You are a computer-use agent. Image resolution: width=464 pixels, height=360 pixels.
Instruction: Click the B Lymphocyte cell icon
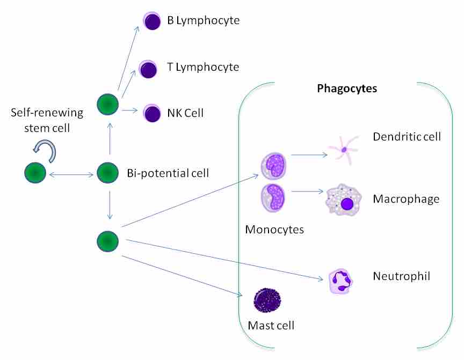point(152,21)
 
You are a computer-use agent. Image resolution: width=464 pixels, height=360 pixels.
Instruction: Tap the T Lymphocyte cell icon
point(148,68)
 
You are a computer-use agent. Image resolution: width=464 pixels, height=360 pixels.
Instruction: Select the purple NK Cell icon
point(152,113)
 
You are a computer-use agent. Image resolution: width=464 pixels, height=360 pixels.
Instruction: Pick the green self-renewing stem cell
point(34,173)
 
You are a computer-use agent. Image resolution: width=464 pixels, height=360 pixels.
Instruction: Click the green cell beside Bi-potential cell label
point(107,173)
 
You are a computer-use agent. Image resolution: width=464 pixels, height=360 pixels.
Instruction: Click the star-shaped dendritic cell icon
point(343,150)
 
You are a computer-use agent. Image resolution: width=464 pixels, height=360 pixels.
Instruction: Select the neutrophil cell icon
point(342,280)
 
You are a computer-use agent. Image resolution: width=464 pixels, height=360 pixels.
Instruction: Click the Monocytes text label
point(274,230)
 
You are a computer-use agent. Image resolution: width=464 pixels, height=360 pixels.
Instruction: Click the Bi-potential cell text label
point(168,173)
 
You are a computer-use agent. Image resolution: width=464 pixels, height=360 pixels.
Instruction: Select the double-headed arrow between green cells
point(70,173)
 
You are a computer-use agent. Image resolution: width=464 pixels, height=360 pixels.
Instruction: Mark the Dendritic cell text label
point(407,137)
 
